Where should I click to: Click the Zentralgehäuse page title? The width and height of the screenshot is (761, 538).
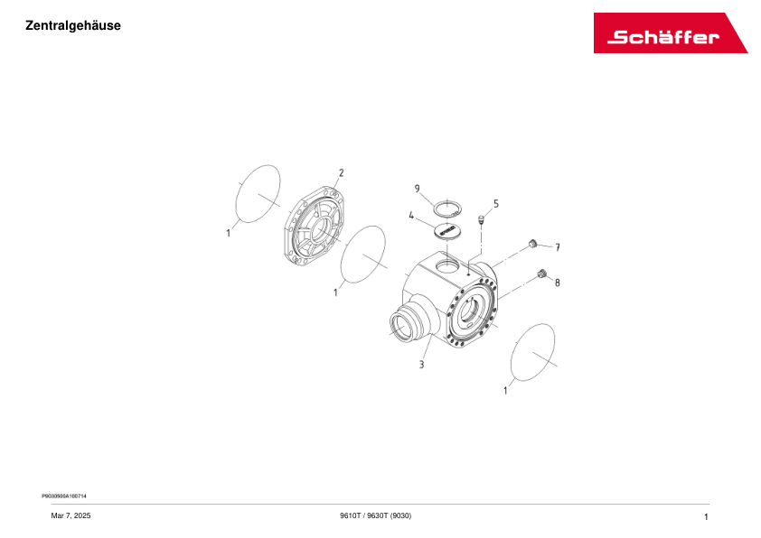coord(73,25)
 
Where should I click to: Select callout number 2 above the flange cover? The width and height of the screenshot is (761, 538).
coord(341,172)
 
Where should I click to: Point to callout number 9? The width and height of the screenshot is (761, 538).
coord(418,189)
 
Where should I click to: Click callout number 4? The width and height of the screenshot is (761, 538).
coord(411,216)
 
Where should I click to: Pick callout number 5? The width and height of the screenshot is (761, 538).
coord(495,204)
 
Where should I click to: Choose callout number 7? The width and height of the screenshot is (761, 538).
coord(558,246)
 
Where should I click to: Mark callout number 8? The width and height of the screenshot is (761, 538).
coord(557,283)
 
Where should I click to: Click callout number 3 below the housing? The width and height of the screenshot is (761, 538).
coord(421,365)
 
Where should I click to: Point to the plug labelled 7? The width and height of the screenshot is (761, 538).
coord(533,243)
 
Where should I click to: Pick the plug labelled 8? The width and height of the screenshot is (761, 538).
coord(542,274)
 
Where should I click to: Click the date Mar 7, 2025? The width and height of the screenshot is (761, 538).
coord(70,515)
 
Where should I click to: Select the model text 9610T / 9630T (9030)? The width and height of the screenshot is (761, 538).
coord(375,515)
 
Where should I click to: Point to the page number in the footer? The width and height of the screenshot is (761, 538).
coord(705,515)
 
